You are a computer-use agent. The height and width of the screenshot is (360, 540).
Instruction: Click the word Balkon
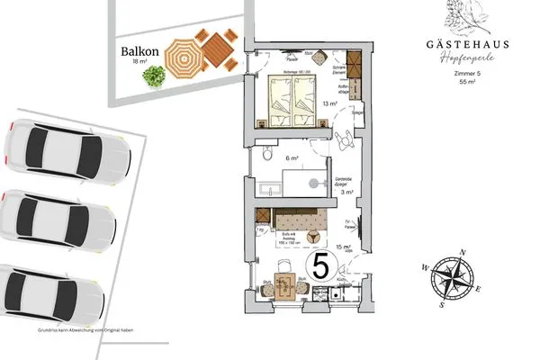click(x=140, y=51)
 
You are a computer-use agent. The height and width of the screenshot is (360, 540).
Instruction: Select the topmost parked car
click(x=59, y=150)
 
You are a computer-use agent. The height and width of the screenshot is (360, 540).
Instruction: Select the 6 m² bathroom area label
click(x=292, y=157)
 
